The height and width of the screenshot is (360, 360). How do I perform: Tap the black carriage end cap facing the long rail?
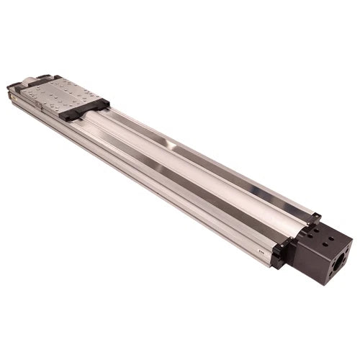click(x=84, y=110)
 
